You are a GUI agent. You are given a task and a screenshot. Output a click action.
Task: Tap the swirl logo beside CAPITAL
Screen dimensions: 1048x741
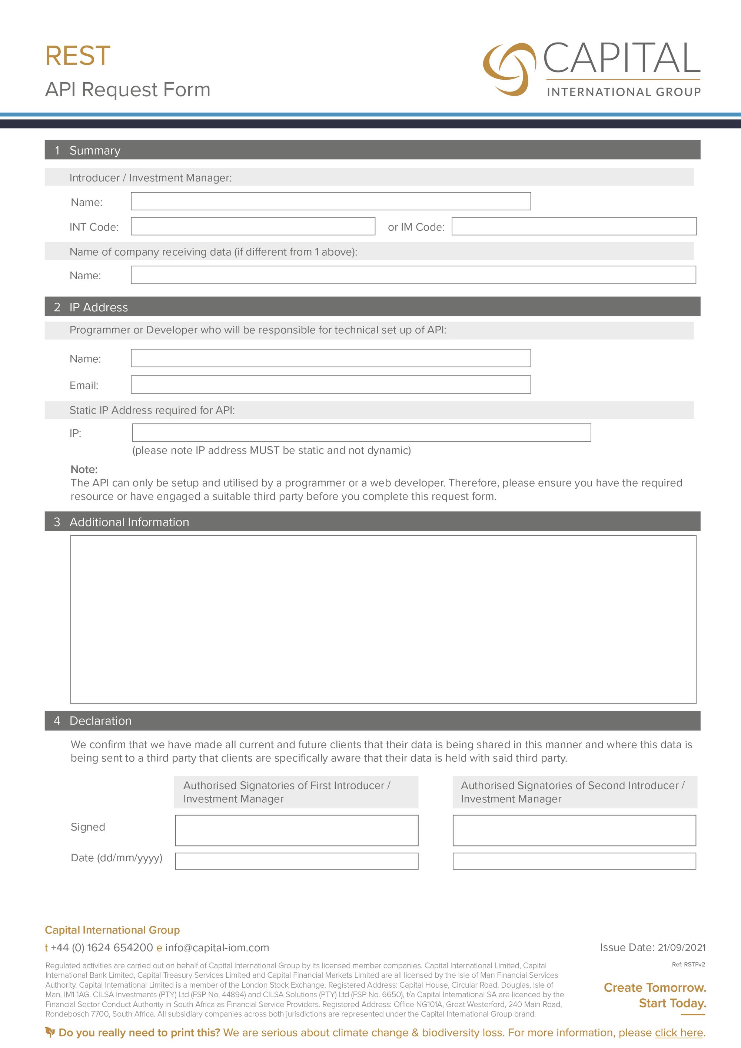pos(509,69)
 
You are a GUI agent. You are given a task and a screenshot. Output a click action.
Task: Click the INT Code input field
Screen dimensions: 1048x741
pos(253,226)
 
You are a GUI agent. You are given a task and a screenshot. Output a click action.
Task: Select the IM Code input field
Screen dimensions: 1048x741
pos(574,226)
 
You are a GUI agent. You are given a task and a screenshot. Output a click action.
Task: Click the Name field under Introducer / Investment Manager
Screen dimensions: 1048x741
pos(330,201)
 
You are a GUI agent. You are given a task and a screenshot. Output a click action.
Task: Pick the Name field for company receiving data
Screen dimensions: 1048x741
pos(413,275)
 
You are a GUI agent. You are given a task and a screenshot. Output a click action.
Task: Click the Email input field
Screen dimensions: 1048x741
pos(330,385)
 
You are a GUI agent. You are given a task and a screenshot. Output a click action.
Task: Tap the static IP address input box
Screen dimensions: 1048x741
pos(361,433)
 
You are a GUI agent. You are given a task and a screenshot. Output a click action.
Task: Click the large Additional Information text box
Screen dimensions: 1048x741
pos(383,619)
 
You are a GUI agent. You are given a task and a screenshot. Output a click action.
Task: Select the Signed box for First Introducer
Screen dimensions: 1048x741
pos(296,830)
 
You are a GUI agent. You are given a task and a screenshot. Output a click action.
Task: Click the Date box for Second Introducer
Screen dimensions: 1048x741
pos(574,861)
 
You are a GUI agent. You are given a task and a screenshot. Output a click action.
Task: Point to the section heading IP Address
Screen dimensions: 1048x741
pos(99,307)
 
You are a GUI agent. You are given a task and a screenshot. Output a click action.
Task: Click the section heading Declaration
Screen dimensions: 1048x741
pos(100,721)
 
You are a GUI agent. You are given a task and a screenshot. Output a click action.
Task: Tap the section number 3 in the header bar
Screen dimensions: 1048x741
pos(57,522)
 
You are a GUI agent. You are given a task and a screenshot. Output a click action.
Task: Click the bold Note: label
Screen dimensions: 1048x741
pos(84,469)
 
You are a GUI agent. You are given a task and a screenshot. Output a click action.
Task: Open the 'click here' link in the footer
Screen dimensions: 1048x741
pos(678,1032)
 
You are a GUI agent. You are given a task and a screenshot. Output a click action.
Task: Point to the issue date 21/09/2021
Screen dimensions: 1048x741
pos(681,948)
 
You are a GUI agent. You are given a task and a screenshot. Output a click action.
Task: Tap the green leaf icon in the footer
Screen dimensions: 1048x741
pos(50,1032)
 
